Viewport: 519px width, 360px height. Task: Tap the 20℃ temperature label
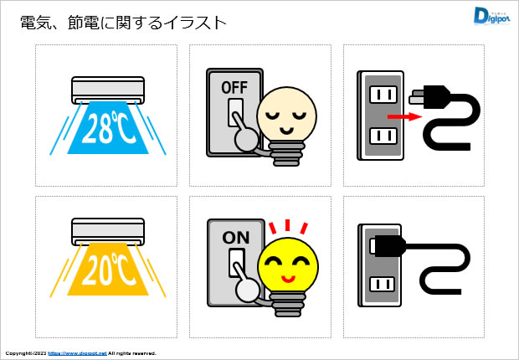click(x=108, y=269)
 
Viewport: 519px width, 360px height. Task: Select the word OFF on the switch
click(x=234, y=86)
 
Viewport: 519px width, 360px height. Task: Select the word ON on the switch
click(x=235, y=237)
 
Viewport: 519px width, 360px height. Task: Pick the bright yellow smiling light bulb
click(x=287, y=264)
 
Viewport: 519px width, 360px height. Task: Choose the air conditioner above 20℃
click(x=108, y=230)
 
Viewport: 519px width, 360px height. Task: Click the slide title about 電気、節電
click(x=124, y=23)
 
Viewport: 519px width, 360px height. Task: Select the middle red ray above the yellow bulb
click(x=287, y=224)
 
